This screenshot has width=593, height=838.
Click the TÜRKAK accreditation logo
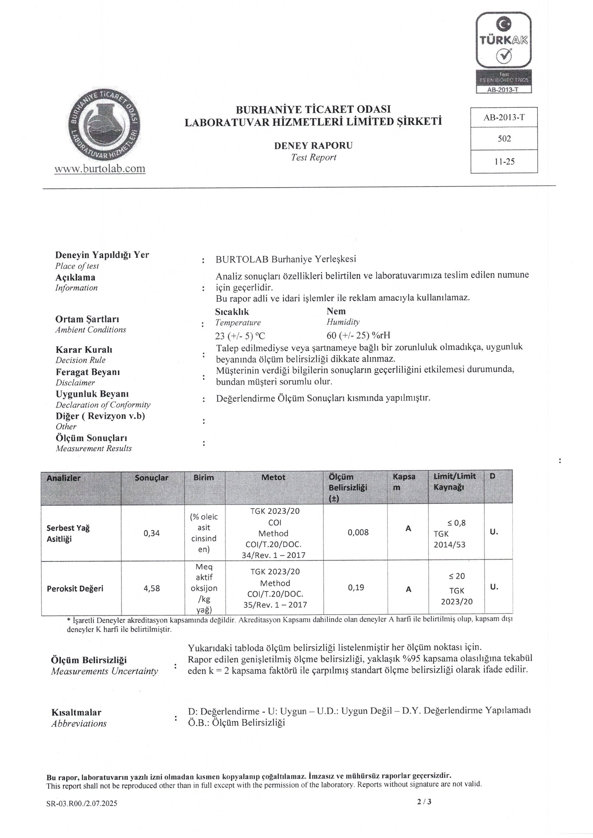[504, 52]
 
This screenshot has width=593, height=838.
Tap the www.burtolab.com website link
[100, 168]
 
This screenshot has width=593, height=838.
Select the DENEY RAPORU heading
[313, 146]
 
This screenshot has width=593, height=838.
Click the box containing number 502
[504, 139]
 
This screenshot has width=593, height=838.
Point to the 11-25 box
[504, 161]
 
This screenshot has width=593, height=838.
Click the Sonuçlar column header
[152, 478]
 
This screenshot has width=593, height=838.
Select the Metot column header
[274, 477]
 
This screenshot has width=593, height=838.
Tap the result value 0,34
[152, 533]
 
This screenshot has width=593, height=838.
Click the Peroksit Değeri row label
[75, 588]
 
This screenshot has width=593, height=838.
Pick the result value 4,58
[152, 588]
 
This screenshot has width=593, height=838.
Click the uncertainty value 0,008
[358, 533]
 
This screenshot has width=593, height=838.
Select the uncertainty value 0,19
[356, 587]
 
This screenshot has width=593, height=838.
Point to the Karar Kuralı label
[84, 350]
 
